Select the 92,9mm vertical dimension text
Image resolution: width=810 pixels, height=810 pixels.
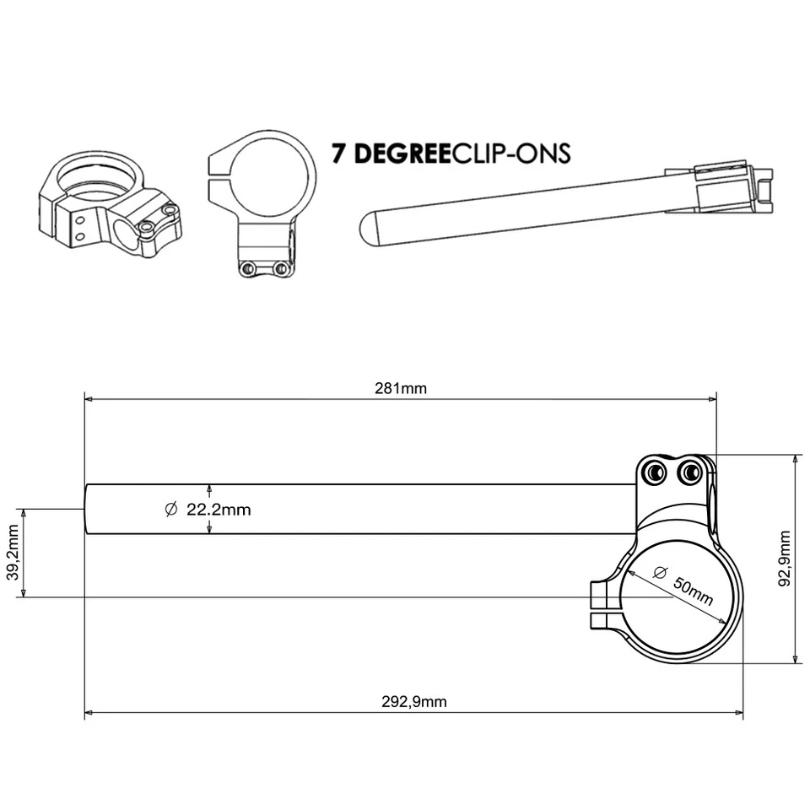coord(786,559)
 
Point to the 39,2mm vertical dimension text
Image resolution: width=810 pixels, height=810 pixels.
coord(13,553)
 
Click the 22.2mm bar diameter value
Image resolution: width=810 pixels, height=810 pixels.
coord(219,510)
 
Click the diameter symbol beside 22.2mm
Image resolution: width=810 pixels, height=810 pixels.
coord(170,509)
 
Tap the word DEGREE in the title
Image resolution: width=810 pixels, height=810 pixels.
coord(400,154)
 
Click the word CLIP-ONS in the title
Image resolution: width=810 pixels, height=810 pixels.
coord(513,154)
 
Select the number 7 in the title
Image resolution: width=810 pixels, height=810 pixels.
coord(339,154)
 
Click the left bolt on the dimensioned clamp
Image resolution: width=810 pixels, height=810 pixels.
coord(654,472)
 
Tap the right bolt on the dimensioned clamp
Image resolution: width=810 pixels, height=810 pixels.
coord(693,472)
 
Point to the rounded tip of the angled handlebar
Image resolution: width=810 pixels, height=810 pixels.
coord(369,229)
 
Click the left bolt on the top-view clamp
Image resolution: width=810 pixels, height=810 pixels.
coord(248,268)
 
